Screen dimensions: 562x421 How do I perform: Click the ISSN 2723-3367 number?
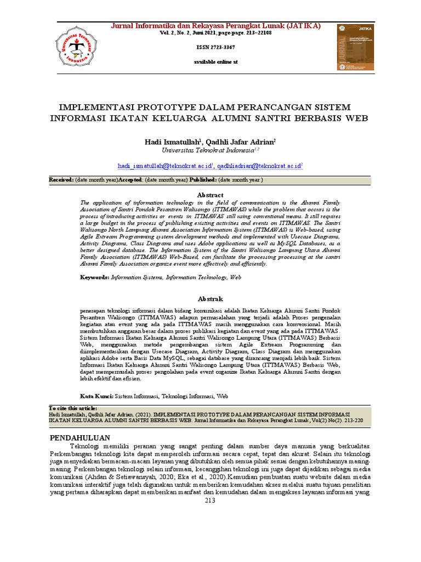pos(216,48)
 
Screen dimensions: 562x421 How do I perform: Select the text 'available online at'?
pos(216,62)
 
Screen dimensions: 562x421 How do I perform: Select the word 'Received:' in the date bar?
pos(61,180)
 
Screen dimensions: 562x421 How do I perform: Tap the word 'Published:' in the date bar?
pos(203,180)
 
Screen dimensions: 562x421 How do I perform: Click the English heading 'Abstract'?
pos(210,195)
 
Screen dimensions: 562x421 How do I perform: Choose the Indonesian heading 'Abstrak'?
pos(210,299)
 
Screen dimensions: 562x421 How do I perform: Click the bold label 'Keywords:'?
pos(95,278)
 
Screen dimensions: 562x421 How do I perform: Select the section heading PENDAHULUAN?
pos(80,437)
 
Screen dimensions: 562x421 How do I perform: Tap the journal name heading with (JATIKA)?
pos(216,26)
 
